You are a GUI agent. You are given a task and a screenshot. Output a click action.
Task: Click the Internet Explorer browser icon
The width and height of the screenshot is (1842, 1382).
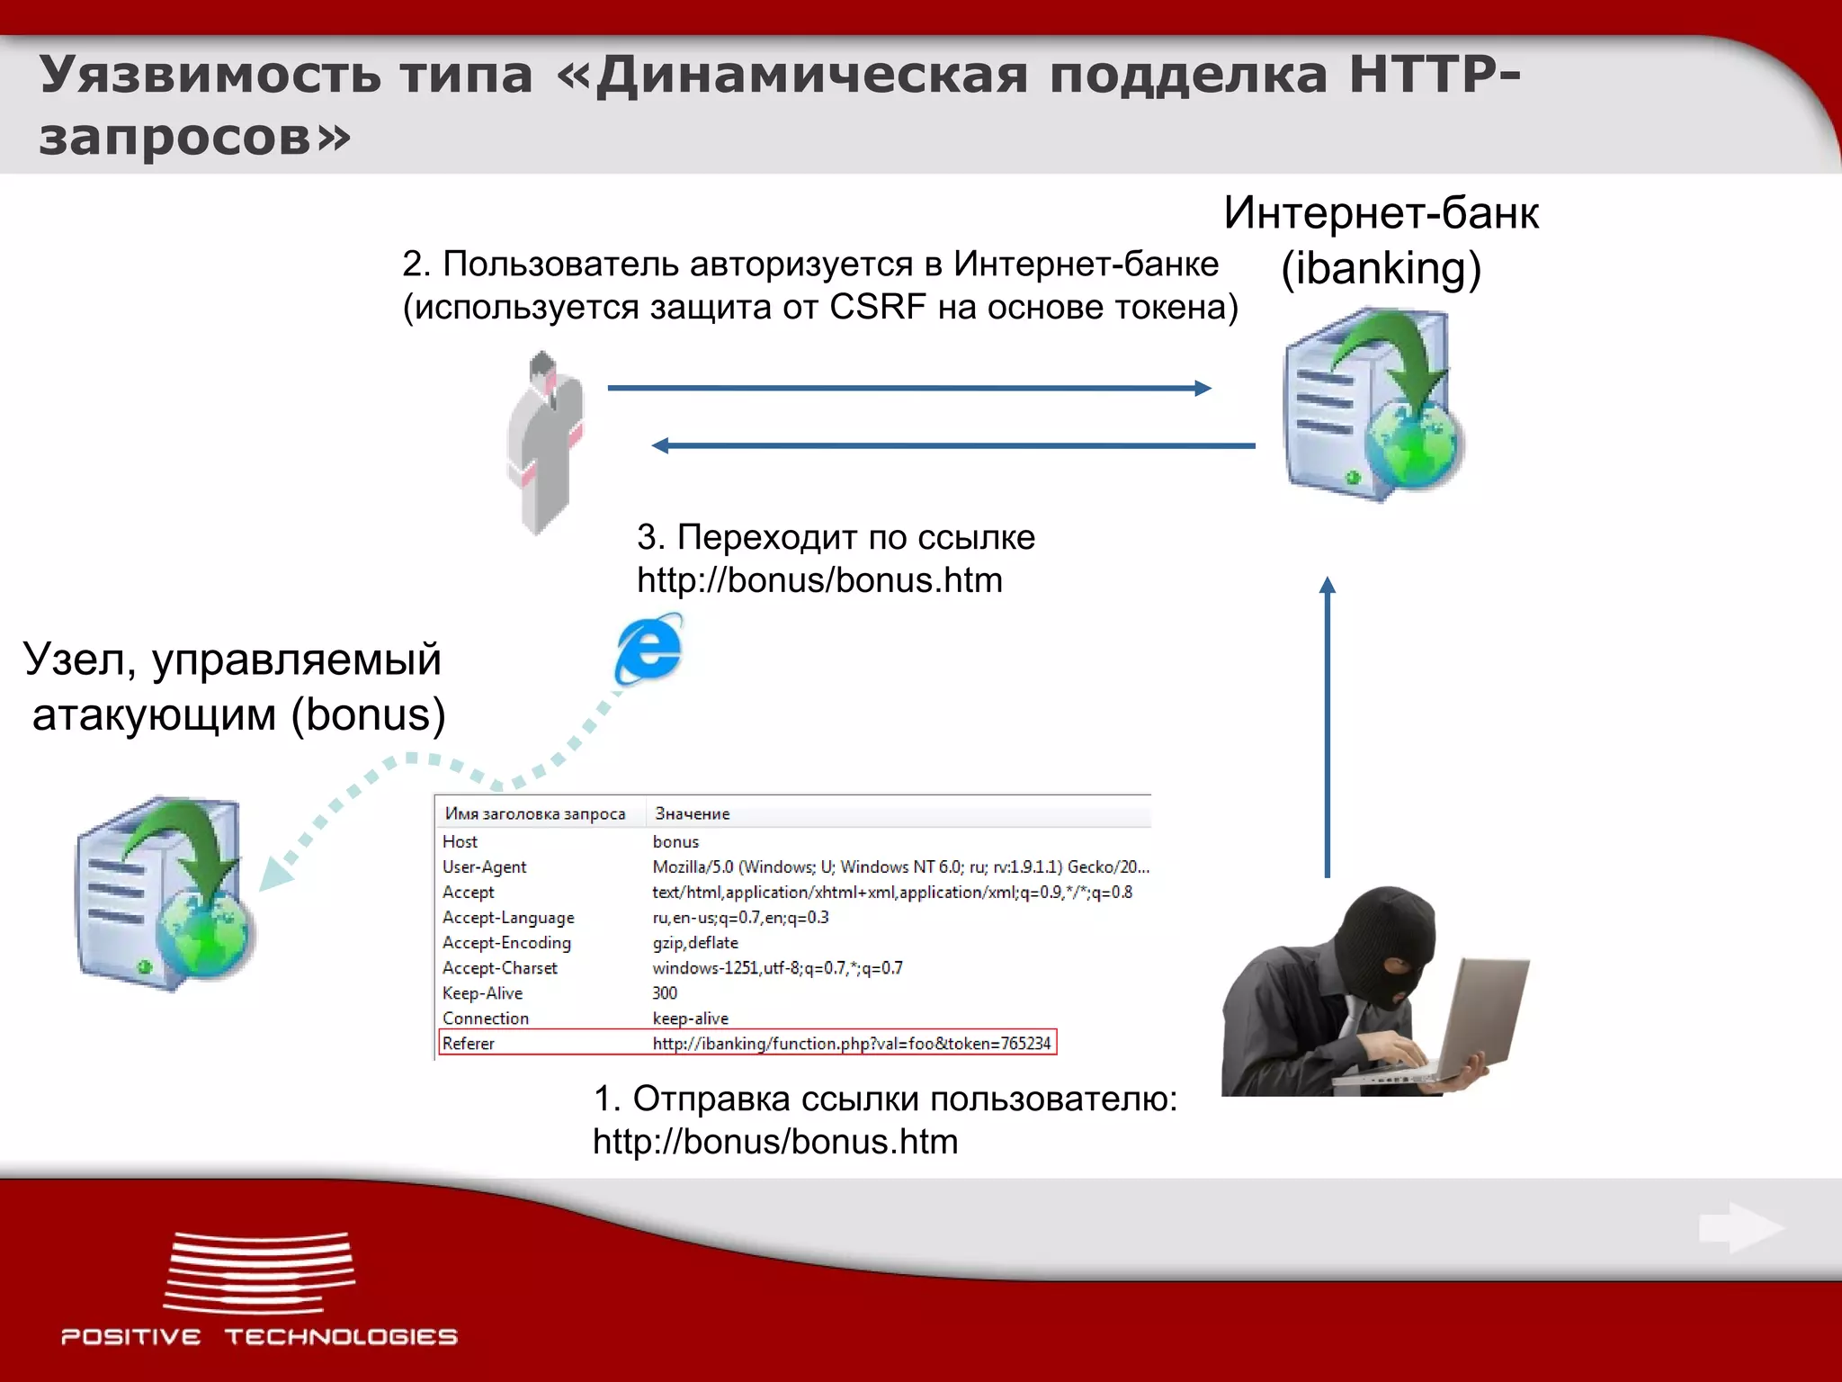(x=648, y=650)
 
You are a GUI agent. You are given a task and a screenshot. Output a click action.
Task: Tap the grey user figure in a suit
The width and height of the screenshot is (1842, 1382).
(x=546, y=441)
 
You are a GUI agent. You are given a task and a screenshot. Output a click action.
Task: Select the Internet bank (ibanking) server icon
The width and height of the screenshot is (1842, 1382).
(x=1372, y=405)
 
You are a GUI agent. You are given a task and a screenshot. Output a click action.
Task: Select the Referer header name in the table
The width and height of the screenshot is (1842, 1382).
(x=469, y=1044)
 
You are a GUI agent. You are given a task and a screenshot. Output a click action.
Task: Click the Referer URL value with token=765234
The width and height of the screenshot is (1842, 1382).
(x=851, y=1044)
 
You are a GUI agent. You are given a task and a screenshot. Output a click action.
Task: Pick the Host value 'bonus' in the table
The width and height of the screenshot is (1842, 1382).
(x=675, y=842)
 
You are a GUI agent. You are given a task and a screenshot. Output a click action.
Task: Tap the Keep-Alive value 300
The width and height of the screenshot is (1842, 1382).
(x=665, y=993)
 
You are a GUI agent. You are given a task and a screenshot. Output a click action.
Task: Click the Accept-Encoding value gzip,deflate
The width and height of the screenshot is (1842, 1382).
(x=695, y=943)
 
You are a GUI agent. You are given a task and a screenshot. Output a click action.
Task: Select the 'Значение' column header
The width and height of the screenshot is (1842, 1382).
(x=693, y=813)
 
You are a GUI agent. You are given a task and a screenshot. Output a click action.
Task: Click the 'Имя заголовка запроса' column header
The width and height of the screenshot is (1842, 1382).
(x=535, y=813)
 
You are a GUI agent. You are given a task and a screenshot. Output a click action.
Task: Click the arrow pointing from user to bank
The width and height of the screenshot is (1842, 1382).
(x=908, y=388)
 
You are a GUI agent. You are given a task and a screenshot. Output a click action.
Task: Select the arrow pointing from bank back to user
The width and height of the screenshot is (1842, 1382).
(x=953, y=445)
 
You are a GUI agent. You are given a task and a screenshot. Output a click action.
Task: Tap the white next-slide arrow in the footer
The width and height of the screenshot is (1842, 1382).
(x=1740, y=1228)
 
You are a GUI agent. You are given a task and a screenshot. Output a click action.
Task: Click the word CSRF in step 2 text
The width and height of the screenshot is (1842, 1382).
(x=877, y=308)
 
